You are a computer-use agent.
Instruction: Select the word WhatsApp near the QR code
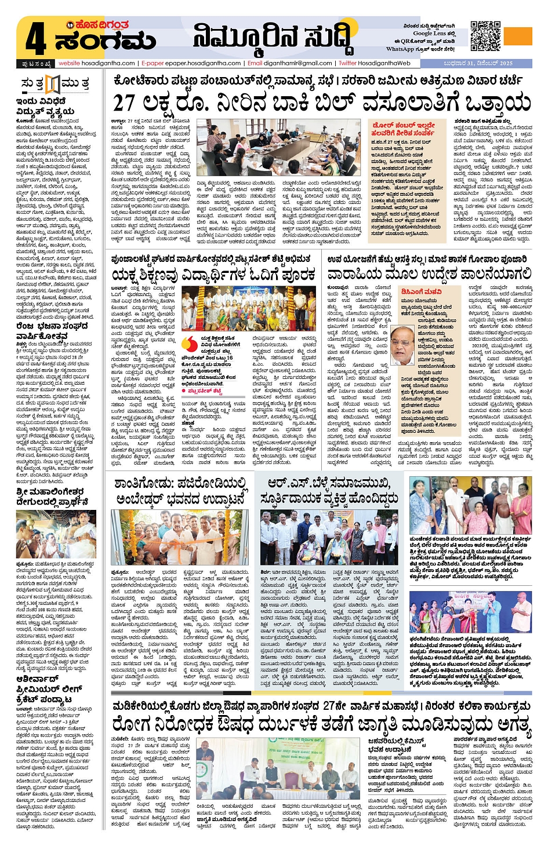coord(400,49)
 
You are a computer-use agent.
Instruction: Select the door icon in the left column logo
coord(53,85)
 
